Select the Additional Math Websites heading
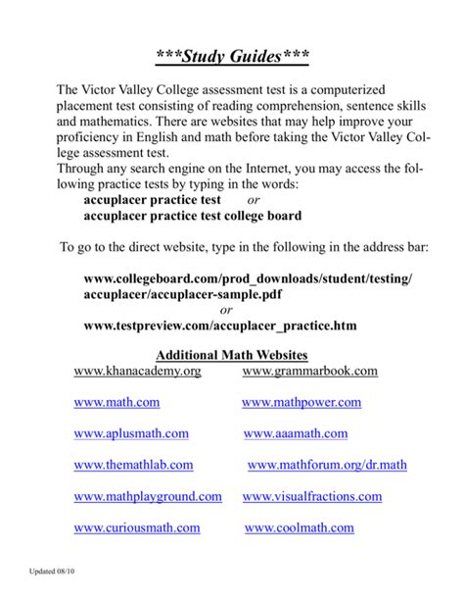click(x=232, y=354)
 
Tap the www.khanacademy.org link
click(x=137, y=372)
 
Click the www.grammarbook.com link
click(x=309, y=372)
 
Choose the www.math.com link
click(x=116, y=403)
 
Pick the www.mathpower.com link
click(x=302, y=403)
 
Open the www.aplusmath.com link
click(x=131, y=433)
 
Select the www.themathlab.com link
click(x=133, y=465)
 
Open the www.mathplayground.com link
click(x=148, y=497)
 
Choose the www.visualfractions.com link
click(x=312, y=497)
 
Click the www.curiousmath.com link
click(x=137, y=527)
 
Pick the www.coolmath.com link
click(x=299, y=527)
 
